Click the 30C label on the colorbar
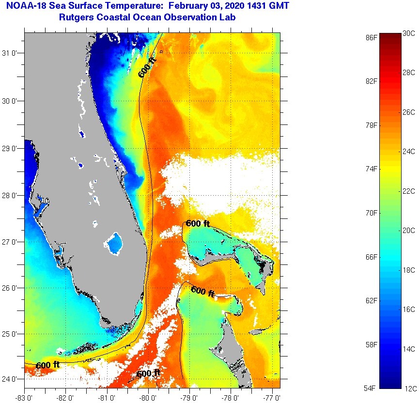pos(409,33)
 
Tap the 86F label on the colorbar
pos(372,37)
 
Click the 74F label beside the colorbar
pos(372,169)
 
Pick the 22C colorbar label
pos(409,191)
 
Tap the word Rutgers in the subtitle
pos(75,18)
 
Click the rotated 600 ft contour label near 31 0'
pos(147,67)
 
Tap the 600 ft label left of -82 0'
pos(47,365)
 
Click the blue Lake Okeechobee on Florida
pos(115,243)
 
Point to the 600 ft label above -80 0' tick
pos(148,373)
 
